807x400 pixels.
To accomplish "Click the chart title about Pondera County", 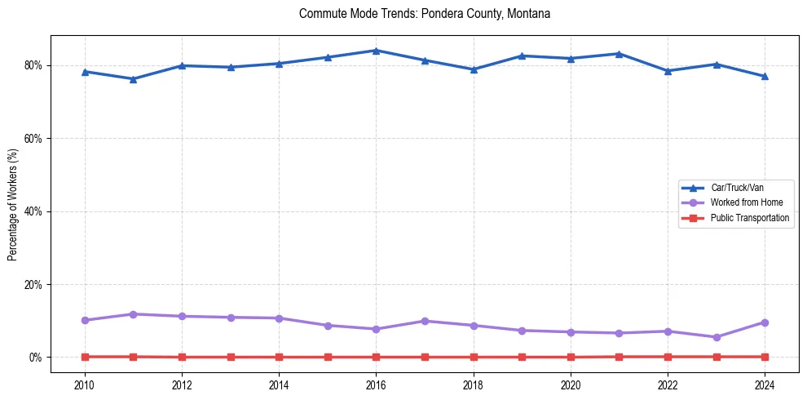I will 425,14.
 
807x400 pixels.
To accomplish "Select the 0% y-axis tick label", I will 37,358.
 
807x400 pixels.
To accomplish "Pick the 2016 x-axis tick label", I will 376,384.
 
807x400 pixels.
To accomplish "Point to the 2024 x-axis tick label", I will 765,384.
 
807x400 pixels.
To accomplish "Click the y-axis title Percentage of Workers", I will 13,204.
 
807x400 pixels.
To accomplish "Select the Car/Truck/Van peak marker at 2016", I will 376,51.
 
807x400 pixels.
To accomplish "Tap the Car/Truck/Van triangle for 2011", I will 133,79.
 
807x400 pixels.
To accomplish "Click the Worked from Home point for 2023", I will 717,337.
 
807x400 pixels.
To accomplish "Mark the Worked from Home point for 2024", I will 765,322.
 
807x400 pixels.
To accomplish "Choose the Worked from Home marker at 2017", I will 425,321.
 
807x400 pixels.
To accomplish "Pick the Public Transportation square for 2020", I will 571,357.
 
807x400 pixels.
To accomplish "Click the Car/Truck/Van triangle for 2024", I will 765,76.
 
